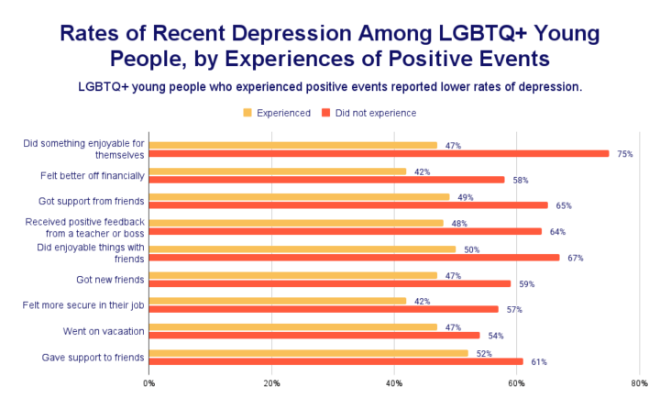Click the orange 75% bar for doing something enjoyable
tap(379, 153)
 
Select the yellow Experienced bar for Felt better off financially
tap(277, 171)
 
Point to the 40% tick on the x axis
tap(394, 383)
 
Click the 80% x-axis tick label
tap(639, 383)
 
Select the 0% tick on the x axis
tap(148, 383)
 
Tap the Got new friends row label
tap(109, 279)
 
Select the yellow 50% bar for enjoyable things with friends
tap(302, 249)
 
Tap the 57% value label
tap(514, 309)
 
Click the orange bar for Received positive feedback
tap(345, 231)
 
